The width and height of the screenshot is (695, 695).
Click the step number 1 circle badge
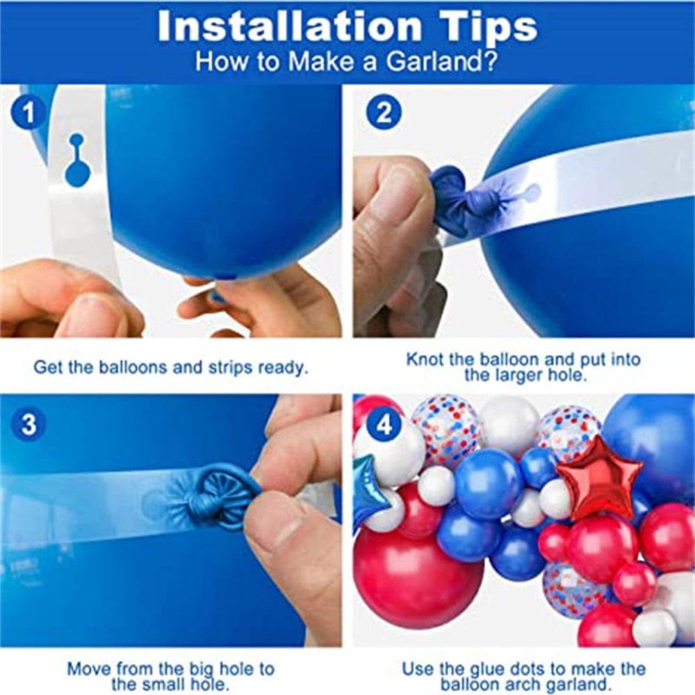(29, 113)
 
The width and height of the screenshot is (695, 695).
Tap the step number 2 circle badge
(384, 113)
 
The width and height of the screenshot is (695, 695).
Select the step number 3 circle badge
(29, 425)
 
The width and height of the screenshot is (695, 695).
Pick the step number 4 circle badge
(384, 425)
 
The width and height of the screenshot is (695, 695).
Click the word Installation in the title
(288, 26)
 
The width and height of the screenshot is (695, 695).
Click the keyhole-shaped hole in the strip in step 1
(76, 161)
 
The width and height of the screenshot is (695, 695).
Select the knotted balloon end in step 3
(215, 497)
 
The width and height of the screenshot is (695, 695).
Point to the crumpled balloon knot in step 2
(459, 202)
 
